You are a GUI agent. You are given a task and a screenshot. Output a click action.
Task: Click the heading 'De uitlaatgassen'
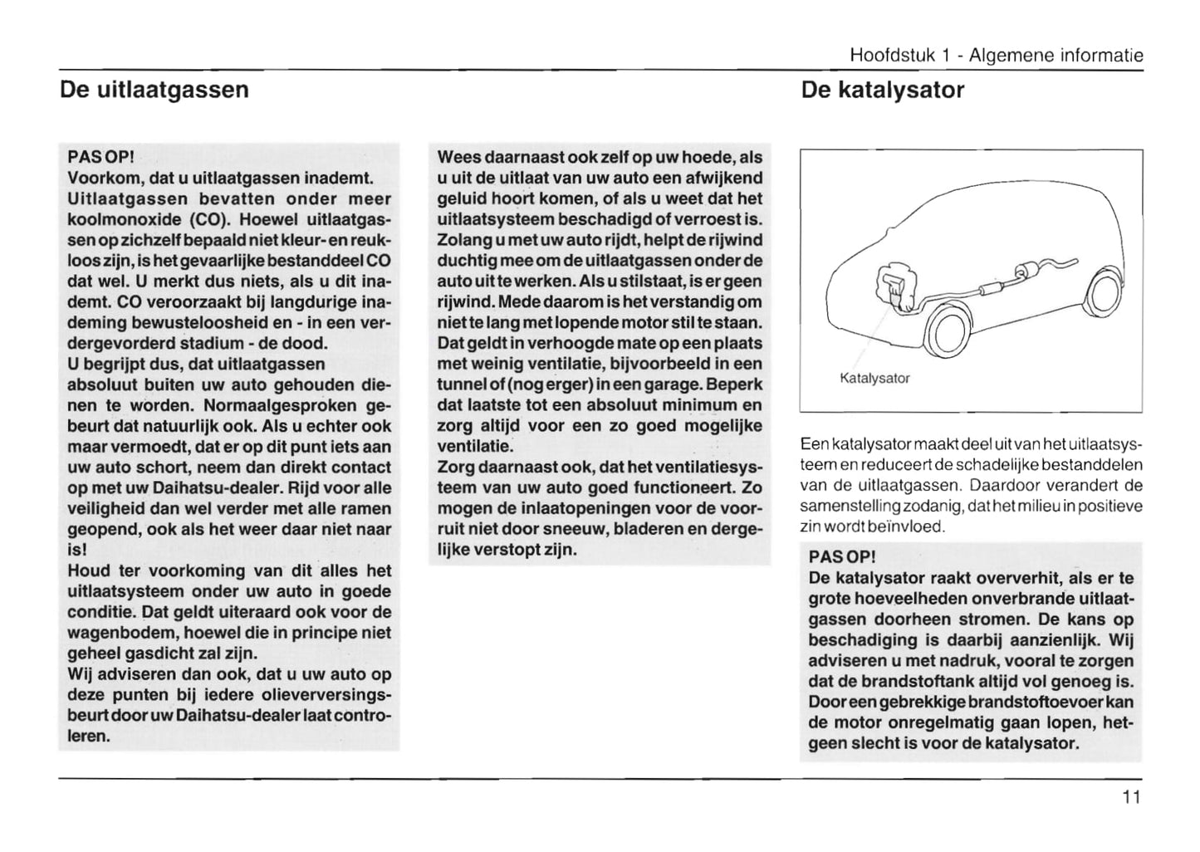154,90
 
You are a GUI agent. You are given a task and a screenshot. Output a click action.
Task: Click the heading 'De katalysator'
882,90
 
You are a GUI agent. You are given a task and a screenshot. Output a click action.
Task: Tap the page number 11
1131,798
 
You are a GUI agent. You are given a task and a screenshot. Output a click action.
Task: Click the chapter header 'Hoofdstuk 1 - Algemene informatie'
996,56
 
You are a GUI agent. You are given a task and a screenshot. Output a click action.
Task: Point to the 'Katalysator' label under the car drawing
874,379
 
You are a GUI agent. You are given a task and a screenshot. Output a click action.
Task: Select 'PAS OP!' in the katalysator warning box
841,556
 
